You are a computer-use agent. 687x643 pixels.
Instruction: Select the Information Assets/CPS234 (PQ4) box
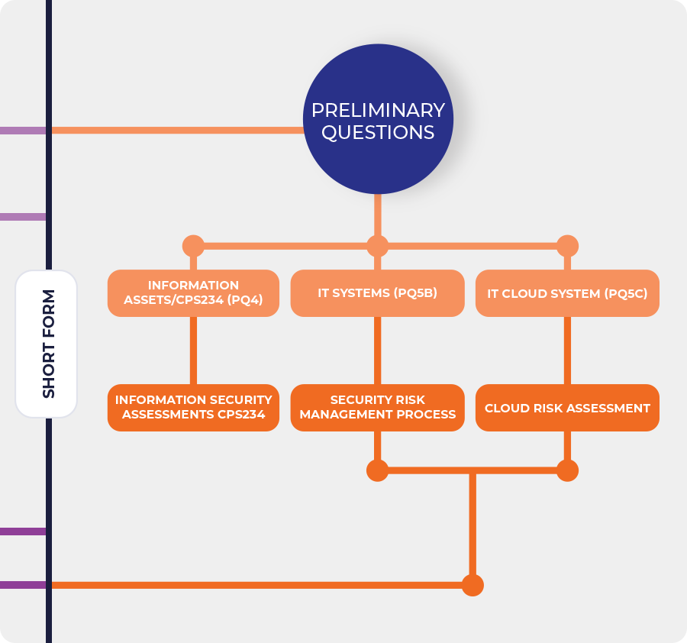tap(193, 293)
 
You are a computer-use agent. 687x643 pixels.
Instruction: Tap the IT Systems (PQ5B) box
tap(377, 293)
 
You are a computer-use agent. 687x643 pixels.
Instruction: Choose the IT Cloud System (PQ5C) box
tap(567, 293)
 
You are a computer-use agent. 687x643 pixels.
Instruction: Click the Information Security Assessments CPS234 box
tap(193, 408)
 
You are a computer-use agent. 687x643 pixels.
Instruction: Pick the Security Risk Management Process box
tap(377, 408)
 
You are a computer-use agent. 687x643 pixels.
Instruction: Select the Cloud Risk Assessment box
tap(567, 408)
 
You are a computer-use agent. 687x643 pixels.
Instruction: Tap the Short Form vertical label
tap(47, 344)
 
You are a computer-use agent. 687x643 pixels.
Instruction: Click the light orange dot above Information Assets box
tap(193, 246)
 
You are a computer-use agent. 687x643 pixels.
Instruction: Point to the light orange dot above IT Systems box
tap(377, 246)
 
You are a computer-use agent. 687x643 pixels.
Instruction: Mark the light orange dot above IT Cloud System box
tap(567, 246)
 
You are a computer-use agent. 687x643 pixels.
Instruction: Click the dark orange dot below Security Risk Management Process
tap(377, 470)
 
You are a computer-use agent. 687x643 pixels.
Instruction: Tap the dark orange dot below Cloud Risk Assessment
tap(567, 470)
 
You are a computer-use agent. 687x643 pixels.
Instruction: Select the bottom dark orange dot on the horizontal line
tap(473, 585)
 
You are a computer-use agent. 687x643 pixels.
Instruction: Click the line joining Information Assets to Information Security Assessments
tap(193, 351)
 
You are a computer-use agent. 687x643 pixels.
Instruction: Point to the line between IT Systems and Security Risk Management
tap(377, 351)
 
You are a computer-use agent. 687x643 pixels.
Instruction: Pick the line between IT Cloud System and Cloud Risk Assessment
tap(567, 351)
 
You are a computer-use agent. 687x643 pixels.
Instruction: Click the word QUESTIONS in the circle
tap(378, 132)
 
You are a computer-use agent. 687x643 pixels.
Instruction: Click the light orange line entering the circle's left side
tap(176, 130)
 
